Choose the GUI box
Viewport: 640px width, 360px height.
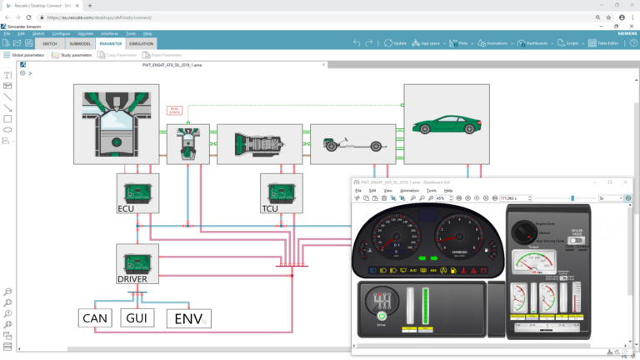tap(138, 317)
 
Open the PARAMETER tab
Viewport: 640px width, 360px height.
tap(110, 43)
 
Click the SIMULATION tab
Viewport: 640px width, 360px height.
tap(142, 43)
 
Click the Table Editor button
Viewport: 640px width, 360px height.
tap(607, 43)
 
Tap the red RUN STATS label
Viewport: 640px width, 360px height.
tap(174, 109)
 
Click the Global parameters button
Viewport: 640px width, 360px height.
tap(24, 55)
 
